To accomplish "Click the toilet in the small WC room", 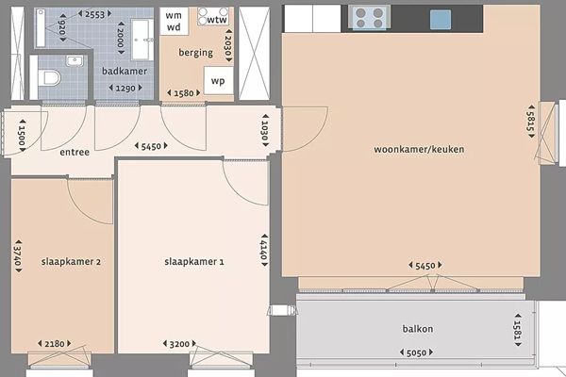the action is pyautogui.click(x=49, y=77).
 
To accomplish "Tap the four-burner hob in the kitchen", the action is pyautogui.click(x=369, y=18).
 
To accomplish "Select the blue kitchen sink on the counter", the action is pyautogui.click(x=441, y=20).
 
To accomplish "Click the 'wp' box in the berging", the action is pyautogui.click(x=218, y=80).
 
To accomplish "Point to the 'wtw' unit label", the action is pyautogui.click(x=217, y=20).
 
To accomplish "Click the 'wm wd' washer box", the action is pyautogui.click(x=174, y=22).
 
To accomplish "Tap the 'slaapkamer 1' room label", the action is pyautogui.click(x=194, y=262).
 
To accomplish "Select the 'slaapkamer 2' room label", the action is pyautogui.click(x=71, y=262).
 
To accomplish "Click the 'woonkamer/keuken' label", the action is pyautogui.click(x=419, y=149).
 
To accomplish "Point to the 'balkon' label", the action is pyautogui.click(x=418, y=329).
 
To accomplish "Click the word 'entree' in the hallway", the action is pyautogui.click(x=75, y=153).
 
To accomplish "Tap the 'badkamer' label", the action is pyautogui.click(x=125, y=71).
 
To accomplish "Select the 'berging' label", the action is pyautogui.click(x=195, y=53).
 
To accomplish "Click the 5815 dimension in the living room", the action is pyautogui.click(x=531, y=122).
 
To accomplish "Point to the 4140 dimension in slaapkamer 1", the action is pyautogui.click(x=264, y=250).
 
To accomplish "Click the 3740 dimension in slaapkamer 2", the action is pyautogui.click(x=18, y=255).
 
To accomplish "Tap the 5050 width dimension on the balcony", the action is pyautogui.click(x=416, y=352).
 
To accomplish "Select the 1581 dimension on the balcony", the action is pyautogui.click(x=518, y=330).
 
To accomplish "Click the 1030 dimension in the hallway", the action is pyautogui.click(x=265, y=130).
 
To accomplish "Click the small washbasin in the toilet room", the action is pyautogui.click(x=75, y=60).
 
